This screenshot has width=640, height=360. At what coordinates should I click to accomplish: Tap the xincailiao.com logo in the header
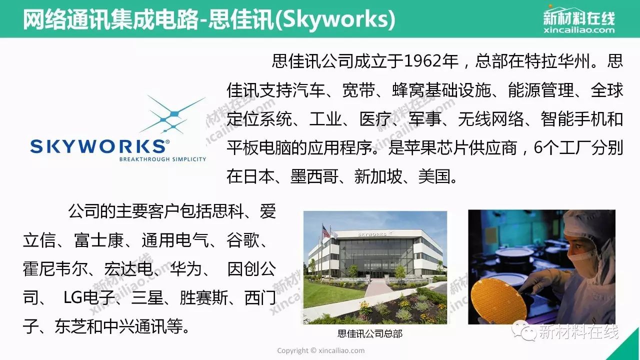579,19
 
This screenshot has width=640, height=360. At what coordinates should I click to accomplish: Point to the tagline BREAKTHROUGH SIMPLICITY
162,159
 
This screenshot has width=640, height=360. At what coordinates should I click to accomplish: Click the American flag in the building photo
325,231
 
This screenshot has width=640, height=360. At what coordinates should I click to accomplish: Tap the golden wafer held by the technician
498,300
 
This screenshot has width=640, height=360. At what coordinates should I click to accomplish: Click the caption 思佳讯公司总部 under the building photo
370,333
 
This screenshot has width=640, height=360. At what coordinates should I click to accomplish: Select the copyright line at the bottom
321,350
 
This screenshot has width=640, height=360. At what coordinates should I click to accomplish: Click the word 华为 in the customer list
186,269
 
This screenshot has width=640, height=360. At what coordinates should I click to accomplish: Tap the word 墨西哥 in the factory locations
314,176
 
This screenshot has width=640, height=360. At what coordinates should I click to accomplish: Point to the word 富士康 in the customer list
98,240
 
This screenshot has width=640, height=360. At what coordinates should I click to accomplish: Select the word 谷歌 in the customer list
243,240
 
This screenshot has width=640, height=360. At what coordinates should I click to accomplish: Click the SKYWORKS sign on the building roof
373,234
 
